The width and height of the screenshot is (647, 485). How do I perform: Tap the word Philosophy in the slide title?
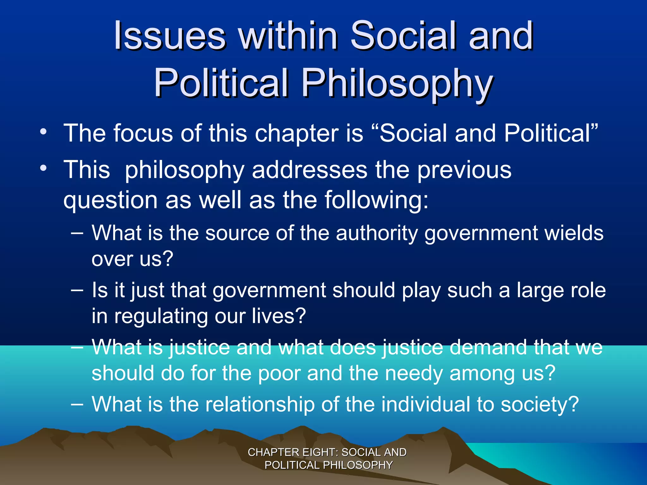397,83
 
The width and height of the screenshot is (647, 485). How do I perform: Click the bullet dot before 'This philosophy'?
43,168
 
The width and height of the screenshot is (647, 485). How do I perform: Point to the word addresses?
310,170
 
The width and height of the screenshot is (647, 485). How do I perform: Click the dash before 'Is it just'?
77,290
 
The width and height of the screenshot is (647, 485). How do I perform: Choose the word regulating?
161,316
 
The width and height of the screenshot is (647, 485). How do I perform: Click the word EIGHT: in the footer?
320,452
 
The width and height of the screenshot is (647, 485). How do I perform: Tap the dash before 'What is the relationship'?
77,404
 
